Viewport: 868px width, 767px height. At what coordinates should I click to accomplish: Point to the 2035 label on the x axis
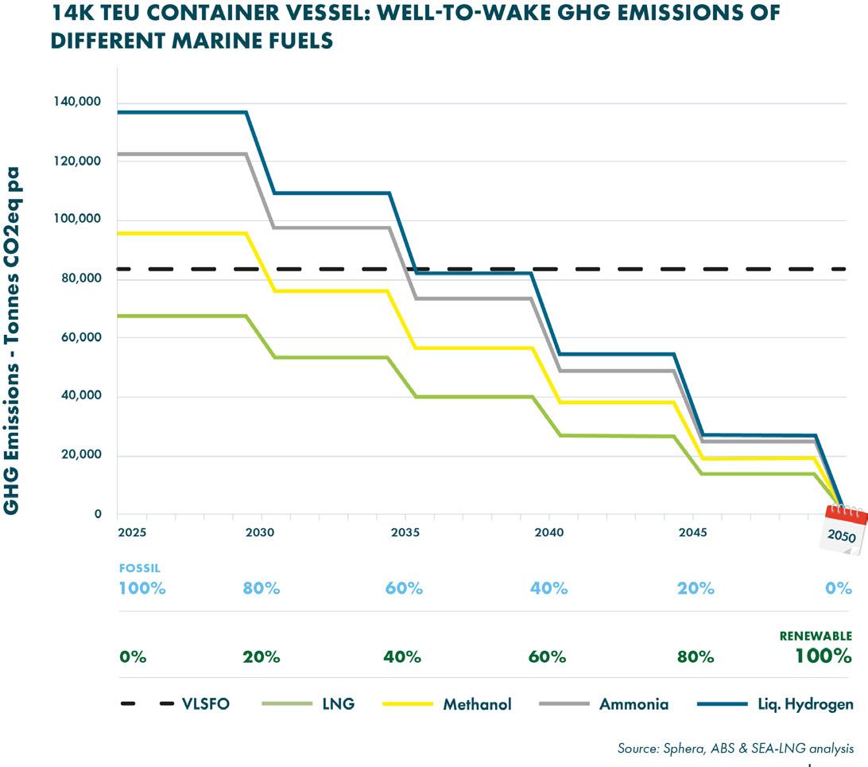pyautogui.click(x=405, y=531)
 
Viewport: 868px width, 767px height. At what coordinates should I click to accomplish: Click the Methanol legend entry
pyautogui.click(x=477, y=704)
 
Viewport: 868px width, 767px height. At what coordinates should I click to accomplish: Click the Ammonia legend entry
pyautogui.click(x=634, y=704)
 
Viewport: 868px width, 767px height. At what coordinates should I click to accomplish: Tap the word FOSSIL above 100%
pyautogui.click(x=139, y=569)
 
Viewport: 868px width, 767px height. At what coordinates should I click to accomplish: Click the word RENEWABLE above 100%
pyautogui.click(x=815, y=636)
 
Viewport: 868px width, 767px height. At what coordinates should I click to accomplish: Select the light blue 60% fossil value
pyautogui.click(x=404, y=589)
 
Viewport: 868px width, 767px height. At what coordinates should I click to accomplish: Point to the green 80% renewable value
pyautogui.click(x=696, y=657)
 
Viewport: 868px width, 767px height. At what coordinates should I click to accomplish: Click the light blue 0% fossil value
pyautogui.click(x=838, y=589)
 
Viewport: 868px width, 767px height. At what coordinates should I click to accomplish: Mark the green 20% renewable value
pyautogui.click(x=262, y=657)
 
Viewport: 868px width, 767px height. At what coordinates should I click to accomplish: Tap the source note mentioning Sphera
pyautogui.click(x=735, y=748)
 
